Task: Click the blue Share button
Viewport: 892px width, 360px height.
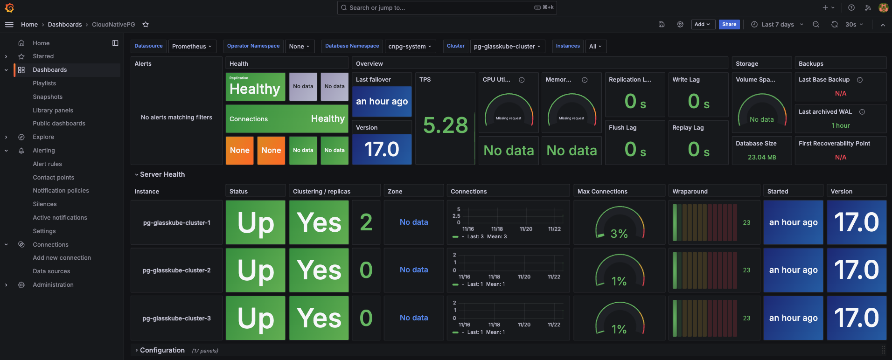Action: coord(729,25)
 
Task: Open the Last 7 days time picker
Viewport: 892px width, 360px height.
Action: coord(777,25)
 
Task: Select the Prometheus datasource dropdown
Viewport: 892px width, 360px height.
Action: coord(192,46)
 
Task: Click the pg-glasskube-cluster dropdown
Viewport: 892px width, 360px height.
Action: coord(507,46)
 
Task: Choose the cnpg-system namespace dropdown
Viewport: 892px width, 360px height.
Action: coord(410,46)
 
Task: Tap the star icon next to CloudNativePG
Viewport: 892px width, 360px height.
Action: coord(146,25)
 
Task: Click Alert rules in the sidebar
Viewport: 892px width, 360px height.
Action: coord(47,164)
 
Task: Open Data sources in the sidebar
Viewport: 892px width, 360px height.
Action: coord(51,271)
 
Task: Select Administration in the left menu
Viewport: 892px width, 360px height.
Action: coord(53,285)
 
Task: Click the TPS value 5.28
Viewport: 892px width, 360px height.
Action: coord(445,125)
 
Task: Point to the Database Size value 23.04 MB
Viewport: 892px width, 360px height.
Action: coord(761,157)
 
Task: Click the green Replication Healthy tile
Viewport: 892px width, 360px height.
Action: coord(255,87)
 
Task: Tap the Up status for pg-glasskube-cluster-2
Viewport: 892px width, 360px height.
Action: coord(255,270)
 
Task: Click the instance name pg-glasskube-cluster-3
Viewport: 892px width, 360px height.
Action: coord(176,318)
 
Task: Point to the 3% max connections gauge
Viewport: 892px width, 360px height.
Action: coord(619,224)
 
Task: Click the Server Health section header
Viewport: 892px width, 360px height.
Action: coord(162,174)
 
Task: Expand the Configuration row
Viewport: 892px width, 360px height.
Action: coord(162,350)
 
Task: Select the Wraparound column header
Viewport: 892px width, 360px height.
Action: coord(690,192)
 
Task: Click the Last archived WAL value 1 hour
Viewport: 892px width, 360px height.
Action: coord(840,125)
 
